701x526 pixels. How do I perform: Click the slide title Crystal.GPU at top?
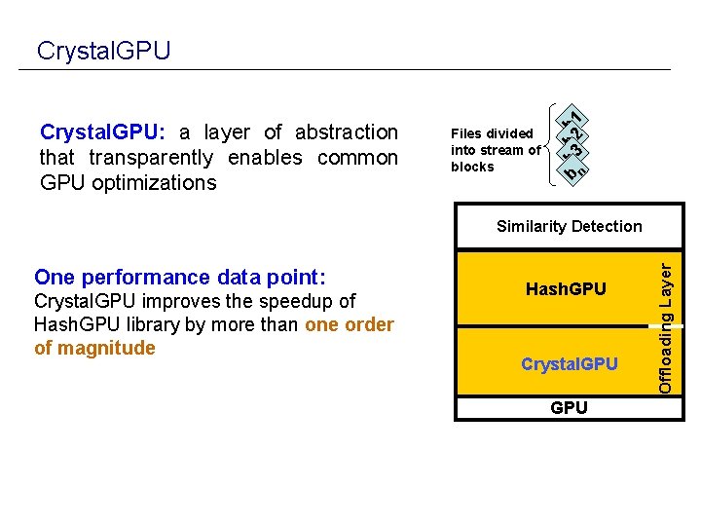(103, 50)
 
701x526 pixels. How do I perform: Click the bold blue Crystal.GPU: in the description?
(101, 131)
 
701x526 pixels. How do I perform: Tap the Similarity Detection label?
(569, 226)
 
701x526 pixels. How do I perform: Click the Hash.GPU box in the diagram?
(566, 289)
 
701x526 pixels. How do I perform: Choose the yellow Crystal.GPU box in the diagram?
(569, 364)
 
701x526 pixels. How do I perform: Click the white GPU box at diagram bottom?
(569, 407)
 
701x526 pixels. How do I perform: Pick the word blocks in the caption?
(472, 167)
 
